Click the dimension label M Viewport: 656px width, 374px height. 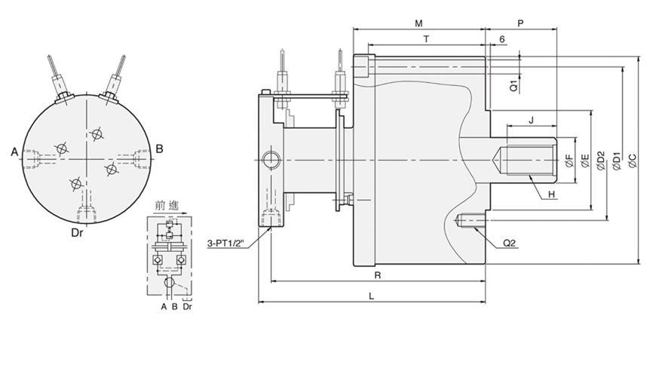418,23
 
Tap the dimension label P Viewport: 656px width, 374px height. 520,23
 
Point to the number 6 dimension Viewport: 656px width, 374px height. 502,38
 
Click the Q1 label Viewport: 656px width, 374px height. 513,85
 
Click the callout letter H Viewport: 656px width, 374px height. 551,195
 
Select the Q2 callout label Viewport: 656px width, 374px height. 510,243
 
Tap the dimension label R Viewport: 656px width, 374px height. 377,275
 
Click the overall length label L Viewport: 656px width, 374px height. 372,296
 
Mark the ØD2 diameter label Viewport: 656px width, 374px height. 600,161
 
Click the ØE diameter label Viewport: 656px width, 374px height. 584,161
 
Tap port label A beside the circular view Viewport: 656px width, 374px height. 14,152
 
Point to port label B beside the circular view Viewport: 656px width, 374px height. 159,149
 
